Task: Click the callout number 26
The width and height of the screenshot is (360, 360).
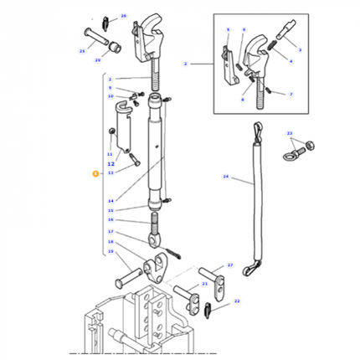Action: (123, 16)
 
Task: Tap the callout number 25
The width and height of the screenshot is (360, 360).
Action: (83, 51)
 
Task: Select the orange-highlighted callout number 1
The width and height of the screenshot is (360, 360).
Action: (95, 173)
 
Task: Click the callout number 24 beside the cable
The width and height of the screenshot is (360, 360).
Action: (225, 177)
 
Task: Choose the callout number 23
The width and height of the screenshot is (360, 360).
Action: (289, 134)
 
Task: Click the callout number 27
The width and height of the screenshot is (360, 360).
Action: (230, 265)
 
